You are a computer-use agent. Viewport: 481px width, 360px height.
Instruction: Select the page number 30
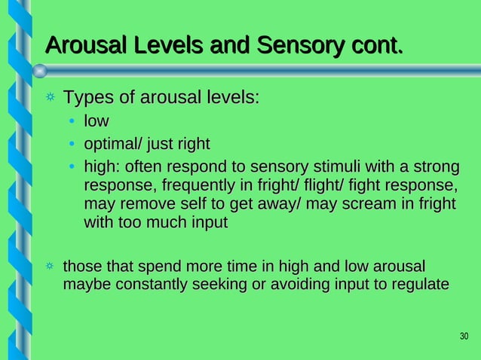[x=464, y=336]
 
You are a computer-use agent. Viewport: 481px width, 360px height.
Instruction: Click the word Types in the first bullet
[x=86, y=99]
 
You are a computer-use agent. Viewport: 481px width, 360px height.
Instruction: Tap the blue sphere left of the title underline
[x=41, y=70]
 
